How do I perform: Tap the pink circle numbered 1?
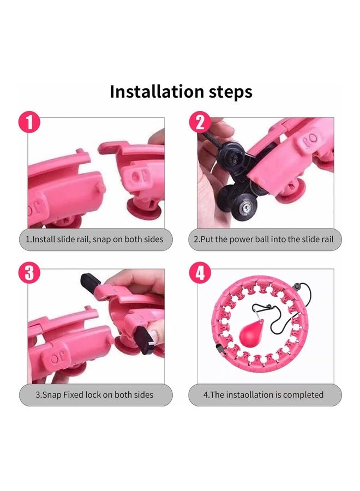pos(29,122)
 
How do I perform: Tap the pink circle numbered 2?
pos(200,122)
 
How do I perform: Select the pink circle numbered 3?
pos(29,273)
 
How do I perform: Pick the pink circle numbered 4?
pos(200,273)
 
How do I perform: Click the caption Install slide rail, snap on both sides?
pos(94,239)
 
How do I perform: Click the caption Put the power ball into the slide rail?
pos(263,239)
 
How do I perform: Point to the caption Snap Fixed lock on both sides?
pos(94,394)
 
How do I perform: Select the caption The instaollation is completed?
pos(263,394)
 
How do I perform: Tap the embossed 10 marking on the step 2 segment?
pos(311,139)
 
